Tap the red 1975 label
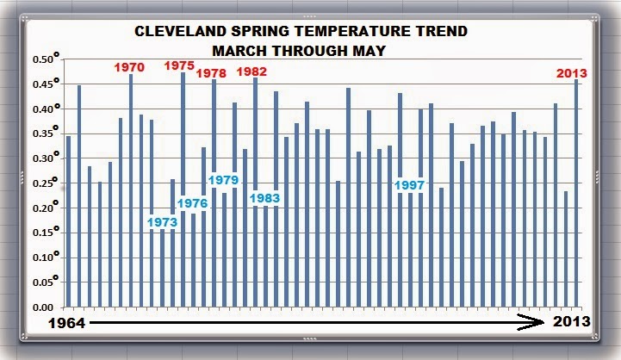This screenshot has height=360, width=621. tap(179, 65)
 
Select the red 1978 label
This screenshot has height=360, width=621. tap(211, 73)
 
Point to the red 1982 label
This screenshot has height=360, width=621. tap(252, 71)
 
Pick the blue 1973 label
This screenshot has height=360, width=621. tap(161, 222)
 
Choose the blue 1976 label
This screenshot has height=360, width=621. tap(191, 203)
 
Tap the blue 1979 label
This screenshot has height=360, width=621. tap(223, 180)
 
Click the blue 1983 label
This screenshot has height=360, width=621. tap(265, 199)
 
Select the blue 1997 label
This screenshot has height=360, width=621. tap(411, 186)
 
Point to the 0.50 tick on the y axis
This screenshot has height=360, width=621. tap(45, 59)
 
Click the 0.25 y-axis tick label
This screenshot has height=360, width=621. tap(45, 183)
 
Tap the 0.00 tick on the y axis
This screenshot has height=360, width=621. tap(45, 307)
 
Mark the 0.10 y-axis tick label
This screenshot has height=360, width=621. tap(45, 258)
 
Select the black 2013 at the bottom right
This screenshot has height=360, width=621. tap(570, 322)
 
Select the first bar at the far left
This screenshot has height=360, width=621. tap(69, 221)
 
